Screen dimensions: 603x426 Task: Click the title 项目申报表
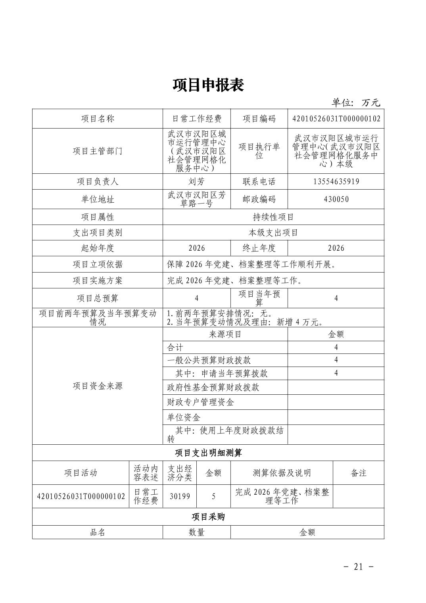(x=208, y=85)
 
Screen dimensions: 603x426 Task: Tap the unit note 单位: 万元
(x=356, y=103)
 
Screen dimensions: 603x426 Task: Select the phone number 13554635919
(x=336, y=182)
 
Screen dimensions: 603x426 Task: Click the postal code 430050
(x=336, y=199)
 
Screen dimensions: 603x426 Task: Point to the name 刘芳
(x=196, y=182)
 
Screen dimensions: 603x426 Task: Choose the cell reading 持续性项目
(x=273, y=217)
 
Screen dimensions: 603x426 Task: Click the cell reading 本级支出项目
(x=273, y=232)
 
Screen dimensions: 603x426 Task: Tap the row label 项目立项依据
(x=98, y=264)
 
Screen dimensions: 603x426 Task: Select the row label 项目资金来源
(x=98, y=386)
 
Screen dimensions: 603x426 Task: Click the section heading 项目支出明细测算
(x=208, y=453)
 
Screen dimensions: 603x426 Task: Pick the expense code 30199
(x=180, y=496)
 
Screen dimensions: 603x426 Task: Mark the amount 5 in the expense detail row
(x=214, y=496)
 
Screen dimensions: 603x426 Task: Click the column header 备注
(x=359, y=473)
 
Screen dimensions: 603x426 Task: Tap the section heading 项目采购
(x=208, y=517)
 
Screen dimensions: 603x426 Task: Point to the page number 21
(x=358, y=567)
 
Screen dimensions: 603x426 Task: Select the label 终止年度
(x=259, y=248)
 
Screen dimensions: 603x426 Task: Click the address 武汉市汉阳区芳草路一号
(x=196, y=199)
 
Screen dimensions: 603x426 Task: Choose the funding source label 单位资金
(x=184, y=417)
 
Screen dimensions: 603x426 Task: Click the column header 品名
(x=98, y=532)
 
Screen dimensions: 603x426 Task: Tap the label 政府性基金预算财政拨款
(x=213, y=387)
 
